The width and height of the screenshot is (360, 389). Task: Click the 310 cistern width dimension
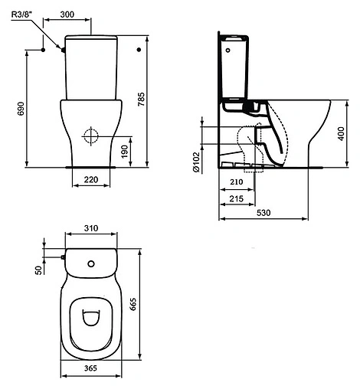click(91, 228)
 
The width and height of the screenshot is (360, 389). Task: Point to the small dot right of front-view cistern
click(138, 50)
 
